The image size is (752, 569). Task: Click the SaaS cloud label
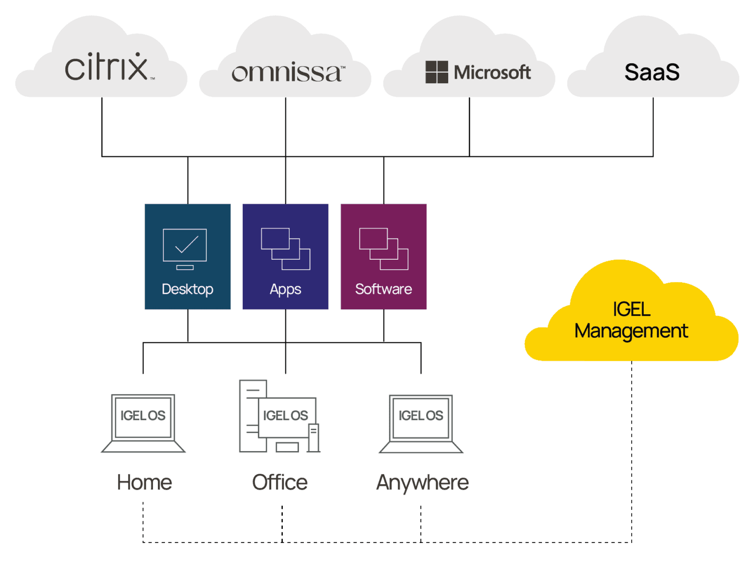652,72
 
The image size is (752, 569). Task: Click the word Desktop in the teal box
187,289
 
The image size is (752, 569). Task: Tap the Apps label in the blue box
285,290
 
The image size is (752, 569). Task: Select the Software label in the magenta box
384,289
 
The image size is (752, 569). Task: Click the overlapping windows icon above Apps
285,249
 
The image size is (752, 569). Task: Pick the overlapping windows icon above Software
384,249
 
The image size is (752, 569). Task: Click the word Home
144,482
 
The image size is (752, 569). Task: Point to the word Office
280,482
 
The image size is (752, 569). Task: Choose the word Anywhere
422,483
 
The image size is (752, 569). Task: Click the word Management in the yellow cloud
631,331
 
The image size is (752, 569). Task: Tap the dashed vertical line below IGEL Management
632,451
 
